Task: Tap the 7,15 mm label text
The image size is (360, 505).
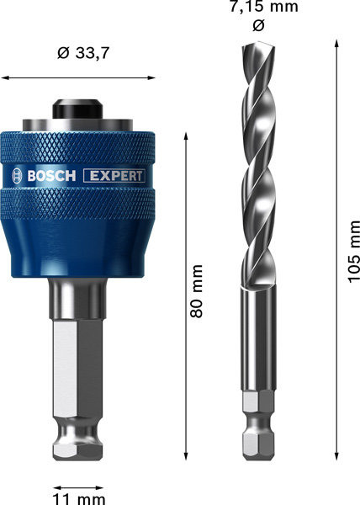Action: (x=259, y=8)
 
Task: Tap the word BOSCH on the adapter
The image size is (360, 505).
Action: (x=52, y=176)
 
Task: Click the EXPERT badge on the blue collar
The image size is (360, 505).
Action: (x=114, y=176)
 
